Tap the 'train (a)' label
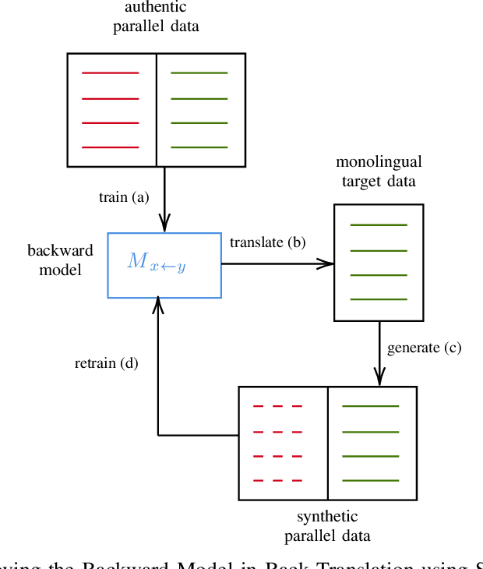[x=123, y=197]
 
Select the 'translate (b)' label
[x=267, y=242]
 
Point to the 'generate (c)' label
[x=424, y=348]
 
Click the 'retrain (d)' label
[x=107, y=362]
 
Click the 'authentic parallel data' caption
[x=156, y=16]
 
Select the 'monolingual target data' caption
[x=379, y=171]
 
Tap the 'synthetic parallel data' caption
[x=327, y=526]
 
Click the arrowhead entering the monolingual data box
[x=329, y=263]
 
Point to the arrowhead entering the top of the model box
[x=164, y=227]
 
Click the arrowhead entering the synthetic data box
[x=379, y=380]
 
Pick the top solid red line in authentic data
[x=111, y=73]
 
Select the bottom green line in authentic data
[x=199, y=147]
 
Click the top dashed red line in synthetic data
[x=277, y=406]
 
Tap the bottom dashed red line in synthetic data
[x=277, y=480]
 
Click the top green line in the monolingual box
[x=379, y=225]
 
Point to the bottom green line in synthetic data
[x=371, y=480]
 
